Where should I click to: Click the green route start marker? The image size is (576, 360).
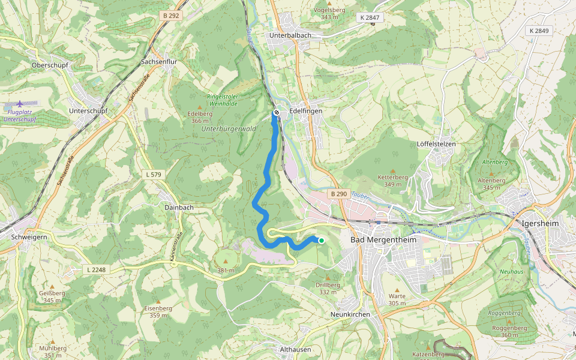[x=321, y=241]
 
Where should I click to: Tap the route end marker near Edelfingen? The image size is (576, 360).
[x=276, y=112]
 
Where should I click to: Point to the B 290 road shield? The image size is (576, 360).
[x=339, y=194]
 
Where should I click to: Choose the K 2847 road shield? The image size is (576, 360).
[x=370, y=18]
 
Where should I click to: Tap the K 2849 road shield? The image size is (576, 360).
[x=539, y=31]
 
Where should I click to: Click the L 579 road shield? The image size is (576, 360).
[x=154, y=174]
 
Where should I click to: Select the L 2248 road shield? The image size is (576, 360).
[x=96, y=270]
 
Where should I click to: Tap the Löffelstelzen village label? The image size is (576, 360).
[x=436, y=144]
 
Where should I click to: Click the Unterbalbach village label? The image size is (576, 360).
[x=290, y=35]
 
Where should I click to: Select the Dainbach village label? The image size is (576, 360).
[x=179, y=207]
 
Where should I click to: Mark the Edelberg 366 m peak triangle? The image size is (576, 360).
[x=200, y=107]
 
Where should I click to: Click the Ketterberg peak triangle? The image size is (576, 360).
[x=393, y=170]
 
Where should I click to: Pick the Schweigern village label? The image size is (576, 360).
[x=29, y=237]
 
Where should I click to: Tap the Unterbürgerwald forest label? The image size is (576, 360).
[x=229, y=128]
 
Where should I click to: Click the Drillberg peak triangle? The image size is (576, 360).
[x=328, y=278]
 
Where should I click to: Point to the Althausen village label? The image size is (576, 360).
[x=295, y=349]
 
